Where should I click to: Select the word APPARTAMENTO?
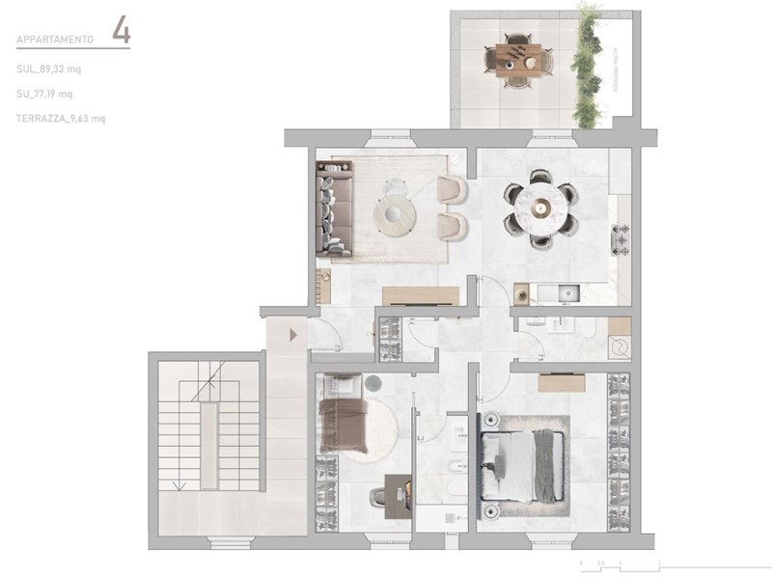pyautogui.click(x=55, y=41)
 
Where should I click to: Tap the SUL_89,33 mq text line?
pyautogui.click(x=49, y=69)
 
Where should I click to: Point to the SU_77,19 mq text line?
pyautogui.click(x=45, y=94)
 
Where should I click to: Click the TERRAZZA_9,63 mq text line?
pyautogui.click(x=61, y=118)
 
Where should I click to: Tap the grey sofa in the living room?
pyautogui.click(x=333, y=210)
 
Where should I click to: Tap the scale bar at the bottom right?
pyautogui.click(x=617, y=562)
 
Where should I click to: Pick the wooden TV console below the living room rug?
pyautogui.click(x=420, y=294)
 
